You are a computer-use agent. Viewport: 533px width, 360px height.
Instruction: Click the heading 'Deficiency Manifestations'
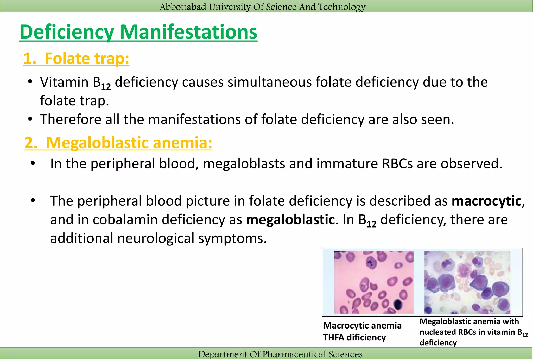tap(138, 32)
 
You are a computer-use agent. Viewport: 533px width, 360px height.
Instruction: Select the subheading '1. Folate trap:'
tap(76, 58)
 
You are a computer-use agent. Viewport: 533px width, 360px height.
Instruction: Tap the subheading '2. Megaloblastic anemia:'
tap(118, 143)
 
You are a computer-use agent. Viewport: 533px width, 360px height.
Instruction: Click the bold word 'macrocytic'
tap(486, 201)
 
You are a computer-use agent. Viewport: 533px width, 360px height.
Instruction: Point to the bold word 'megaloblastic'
tap(290, 219)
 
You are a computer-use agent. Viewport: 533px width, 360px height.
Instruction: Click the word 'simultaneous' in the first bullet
tap(270, 82)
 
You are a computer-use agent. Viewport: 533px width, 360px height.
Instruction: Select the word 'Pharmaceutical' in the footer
tap(294, 354)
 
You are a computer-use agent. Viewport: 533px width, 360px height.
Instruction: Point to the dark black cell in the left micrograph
tap(397, 304)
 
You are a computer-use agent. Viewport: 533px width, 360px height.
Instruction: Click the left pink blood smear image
tap(373, 282)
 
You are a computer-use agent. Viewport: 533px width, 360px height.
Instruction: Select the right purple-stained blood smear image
tap(467, 282)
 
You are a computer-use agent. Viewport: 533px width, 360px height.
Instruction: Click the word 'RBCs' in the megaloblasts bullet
tap(397, 164)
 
